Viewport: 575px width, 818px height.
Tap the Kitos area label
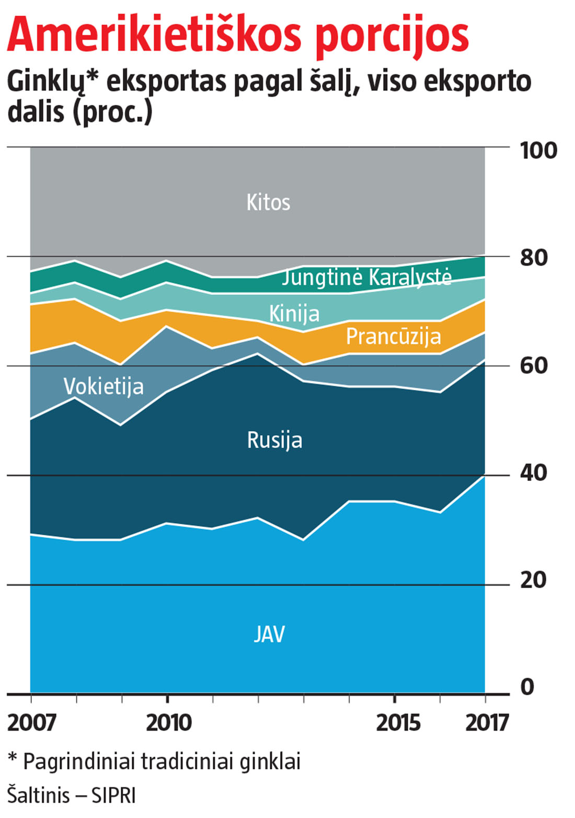coord(268,202)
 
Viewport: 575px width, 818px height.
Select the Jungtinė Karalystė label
coord(366,277)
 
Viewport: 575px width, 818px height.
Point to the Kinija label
coord(294,314)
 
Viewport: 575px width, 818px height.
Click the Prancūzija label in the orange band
coord(393,336)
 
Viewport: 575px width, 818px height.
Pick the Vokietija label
coord(103,386)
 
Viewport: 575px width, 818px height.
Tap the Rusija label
coord(274,440)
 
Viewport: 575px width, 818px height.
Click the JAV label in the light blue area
coord(269,634)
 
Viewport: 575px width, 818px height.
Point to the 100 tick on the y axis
coord(538,151)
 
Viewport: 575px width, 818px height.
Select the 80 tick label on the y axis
coord(533,258)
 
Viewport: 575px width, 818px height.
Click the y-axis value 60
coord(533,365)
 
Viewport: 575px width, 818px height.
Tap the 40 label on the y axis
coord(533,473)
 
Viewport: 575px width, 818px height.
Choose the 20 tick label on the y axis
coord(533,580)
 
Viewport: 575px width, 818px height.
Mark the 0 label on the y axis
coord(527,687)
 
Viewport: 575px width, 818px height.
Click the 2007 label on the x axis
coord(31,723)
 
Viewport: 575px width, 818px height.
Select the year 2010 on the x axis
coord(168,723)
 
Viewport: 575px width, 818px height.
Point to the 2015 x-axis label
coord(398,723)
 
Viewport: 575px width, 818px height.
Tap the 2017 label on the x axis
coord(487,723)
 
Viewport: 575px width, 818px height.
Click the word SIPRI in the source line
coord(113,796)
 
